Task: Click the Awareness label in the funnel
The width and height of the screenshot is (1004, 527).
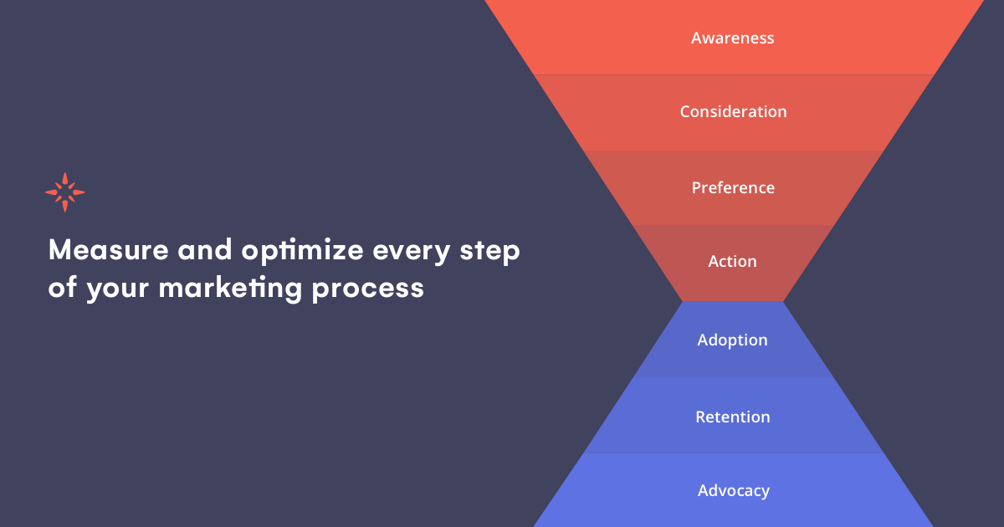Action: pos(732,38)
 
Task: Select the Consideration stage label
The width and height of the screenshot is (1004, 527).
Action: pos(733,111)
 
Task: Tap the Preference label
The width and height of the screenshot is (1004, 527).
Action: pos(733,187)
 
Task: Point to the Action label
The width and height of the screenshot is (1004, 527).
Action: pos(732,261)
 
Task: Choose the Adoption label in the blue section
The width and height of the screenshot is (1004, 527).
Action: pos(732,340)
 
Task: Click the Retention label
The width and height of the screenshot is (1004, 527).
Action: pos(733,417)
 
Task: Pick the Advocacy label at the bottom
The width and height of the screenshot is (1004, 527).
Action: pos(734,491)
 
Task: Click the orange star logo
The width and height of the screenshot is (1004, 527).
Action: pos(65,192)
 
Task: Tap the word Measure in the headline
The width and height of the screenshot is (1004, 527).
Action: pos(109,249)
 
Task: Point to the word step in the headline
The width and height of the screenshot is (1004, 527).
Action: pos(490,252)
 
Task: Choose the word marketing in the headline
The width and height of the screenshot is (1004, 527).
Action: pos(230,289)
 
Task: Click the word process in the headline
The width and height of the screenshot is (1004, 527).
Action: pos(367,289)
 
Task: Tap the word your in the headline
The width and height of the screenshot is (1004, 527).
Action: pos(117,290)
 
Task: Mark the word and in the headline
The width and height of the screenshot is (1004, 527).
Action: pos(205,249)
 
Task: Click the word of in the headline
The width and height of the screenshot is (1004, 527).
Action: pos(63,287)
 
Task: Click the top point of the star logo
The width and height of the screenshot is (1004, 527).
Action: pos(65,173)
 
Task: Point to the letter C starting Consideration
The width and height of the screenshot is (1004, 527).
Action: pos(686,111)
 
